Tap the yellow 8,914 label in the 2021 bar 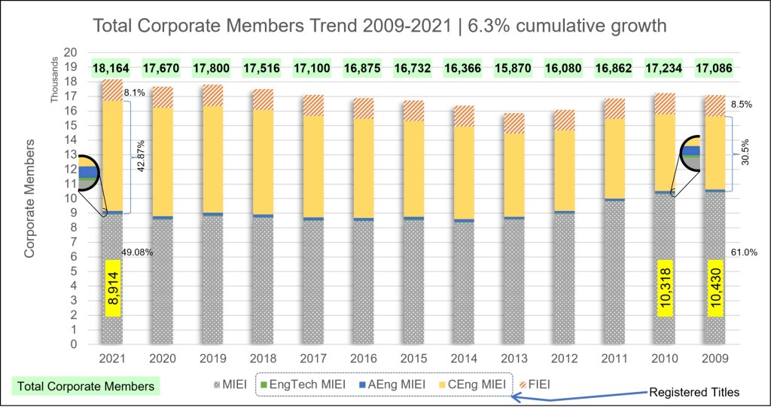[x=113, y=289]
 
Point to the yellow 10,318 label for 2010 [x=664, y=289]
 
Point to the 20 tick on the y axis [x=72, y=53]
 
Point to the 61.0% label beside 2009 [x=736, y=252]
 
